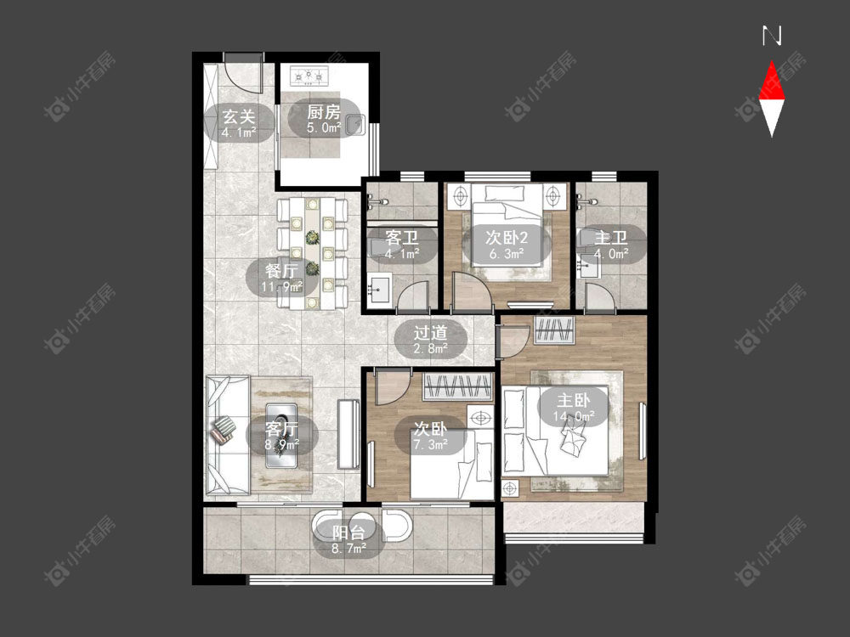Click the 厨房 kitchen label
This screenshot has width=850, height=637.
click(324, 112)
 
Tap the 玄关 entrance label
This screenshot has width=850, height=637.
click(239, 117)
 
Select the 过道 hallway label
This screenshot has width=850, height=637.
click(430, 333)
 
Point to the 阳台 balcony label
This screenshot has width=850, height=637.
click(348, 533)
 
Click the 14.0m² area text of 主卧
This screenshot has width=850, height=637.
click(574, 416)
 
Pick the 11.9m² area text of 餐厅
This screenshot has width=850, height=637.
click(281, 286)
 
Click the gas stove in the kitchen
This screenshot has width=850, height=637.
click(309, 76)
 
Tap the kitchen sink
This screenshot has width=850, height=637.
click(354, 125)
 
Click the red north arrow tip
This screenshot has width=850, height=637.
click(772, 62)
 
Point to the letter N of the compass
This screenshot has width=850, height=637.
click(772, 36)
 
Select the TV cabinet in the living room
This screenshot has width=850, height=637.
click(348, 434)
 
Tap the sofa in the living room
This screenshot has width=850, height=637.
click(227, 434)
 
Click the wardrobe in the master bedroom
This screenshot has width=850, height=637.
click(554, 330)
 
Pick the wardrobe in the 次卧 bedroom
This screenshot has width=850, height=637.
click(458, 386)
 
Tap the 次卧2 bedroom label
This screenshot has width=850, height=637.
click(507, 237)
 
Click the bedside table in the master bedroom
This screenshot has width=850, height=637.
click(510, 489)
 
